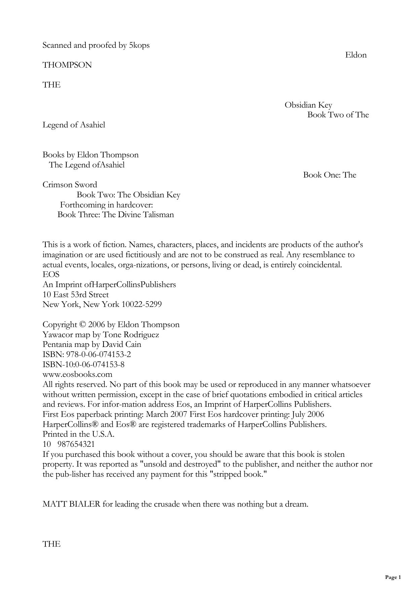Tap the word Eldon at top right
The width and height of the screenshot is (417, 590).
(355, 55)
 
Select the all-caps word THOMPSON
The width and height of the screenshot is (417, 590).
(67, 65)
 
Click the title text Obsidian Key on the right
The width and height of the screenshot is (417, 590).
(308, 105)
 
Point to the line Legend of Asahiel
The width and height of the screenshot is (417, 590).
(74, 125)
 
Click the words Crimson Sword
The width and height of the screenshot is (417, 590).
(70, 185)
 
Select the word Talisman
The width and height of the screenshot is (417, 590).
(160, 215)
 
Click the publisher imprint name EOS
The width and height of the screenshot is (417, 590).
(51, 275)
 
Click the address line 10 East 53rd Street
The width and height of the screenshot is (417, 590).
(76, 295)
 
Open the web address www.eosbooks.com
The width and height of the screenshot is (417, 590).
(77, 375)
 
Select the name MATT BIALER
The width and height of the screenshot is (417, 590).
(71, 504)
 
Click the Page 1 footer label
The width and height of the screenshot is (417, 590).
(393, 578)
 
